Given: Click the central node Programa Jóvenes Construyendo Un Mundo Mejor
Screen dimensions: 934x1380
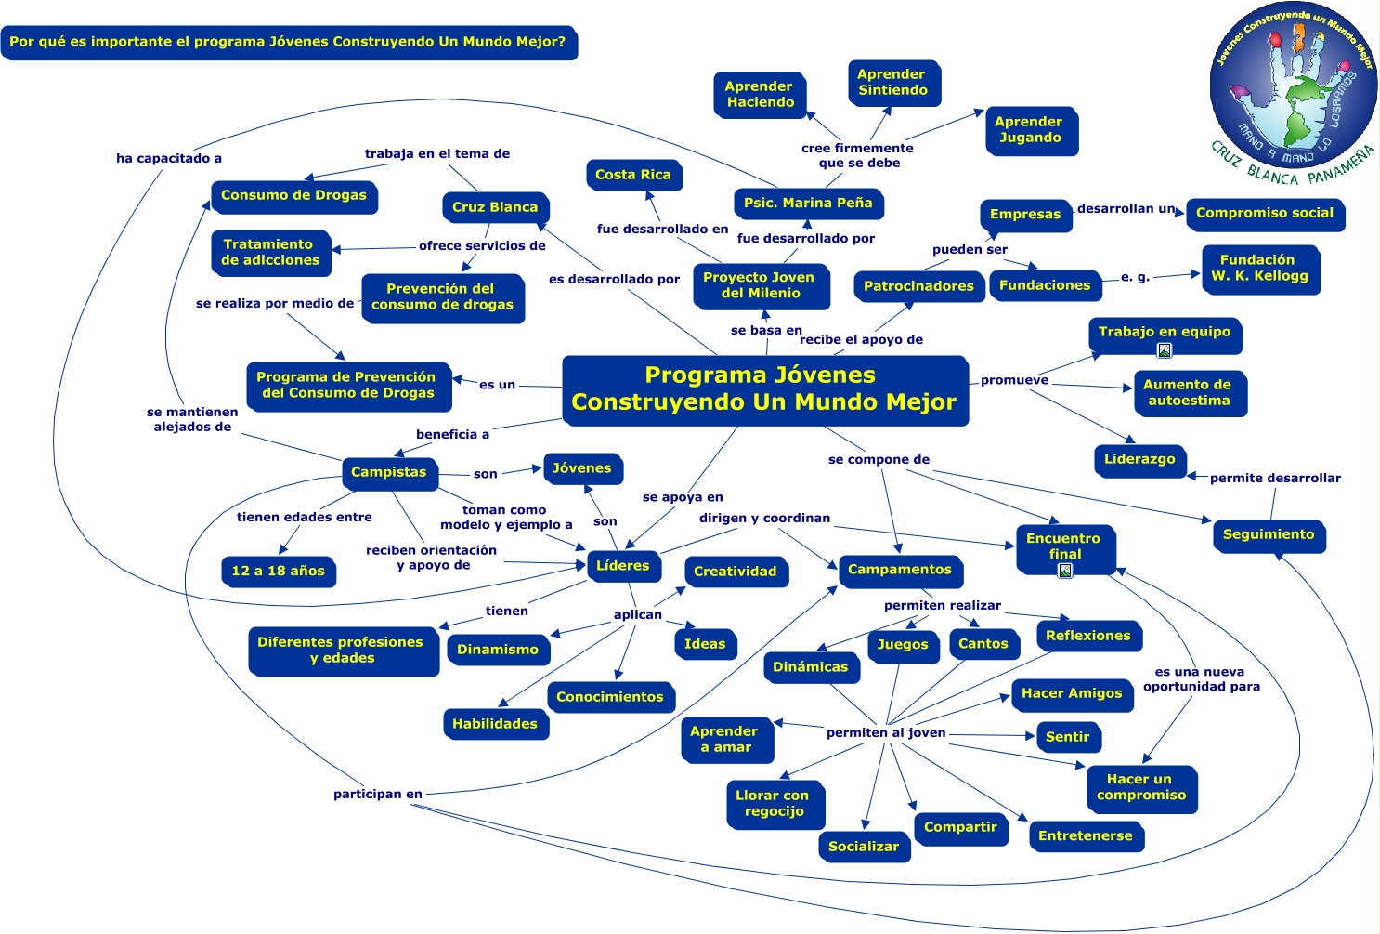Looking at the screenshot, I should pos(764,389).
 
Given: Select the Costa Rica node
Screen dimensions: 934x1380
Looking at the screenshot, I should pos(633,175).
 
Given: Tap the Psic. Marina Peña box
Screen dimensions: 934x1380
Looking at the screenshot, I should pos(807,203).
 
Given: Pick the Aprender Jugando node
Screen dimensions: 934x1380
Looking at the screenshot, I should pos(1029,130).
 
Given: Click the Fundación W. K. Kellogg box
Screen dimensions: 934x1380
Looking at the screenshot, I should pos(1259,269).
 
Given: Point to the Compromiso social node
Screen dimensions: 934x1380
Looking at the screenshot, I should pos(1264,214).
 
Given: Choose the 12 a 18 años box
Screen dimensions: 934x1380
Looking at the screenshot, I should pos(278,572).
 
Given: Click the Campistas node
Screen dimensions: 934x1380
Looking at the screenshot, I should pos(388,472).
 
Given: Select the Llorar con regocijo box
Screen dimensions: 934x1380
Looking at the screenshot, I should pos(773,804).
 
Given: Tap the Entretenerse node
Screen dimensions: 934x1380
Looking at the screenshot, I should pos(1085,836).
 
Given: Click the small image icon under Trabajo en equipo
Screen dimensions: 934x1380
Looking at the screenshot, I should pos(1165,350).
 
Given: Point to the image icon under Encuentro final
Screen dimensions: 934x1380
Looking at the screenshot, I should pos(1065,571).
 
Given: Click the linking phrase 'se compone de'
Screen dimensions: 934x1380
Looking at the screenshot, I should pos(879,460).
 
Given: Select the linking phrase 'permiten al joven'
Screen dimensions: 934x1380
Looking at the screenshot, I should pos(886,733).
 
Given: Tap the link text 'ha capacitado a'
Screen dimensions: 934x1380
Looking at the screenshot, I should pos(169,159).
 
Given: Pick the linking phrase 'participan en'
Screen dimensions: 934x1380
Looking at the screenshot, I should pos(378,795).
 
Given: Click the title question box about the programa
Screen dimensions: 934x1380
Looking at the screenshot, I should pos(288,43).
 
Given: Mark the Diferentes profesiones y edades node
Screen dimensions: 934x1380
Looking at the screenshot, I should pos(341,651).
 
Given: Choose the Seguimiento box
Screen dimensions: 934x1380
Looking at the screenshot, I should pos(1269,535).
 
